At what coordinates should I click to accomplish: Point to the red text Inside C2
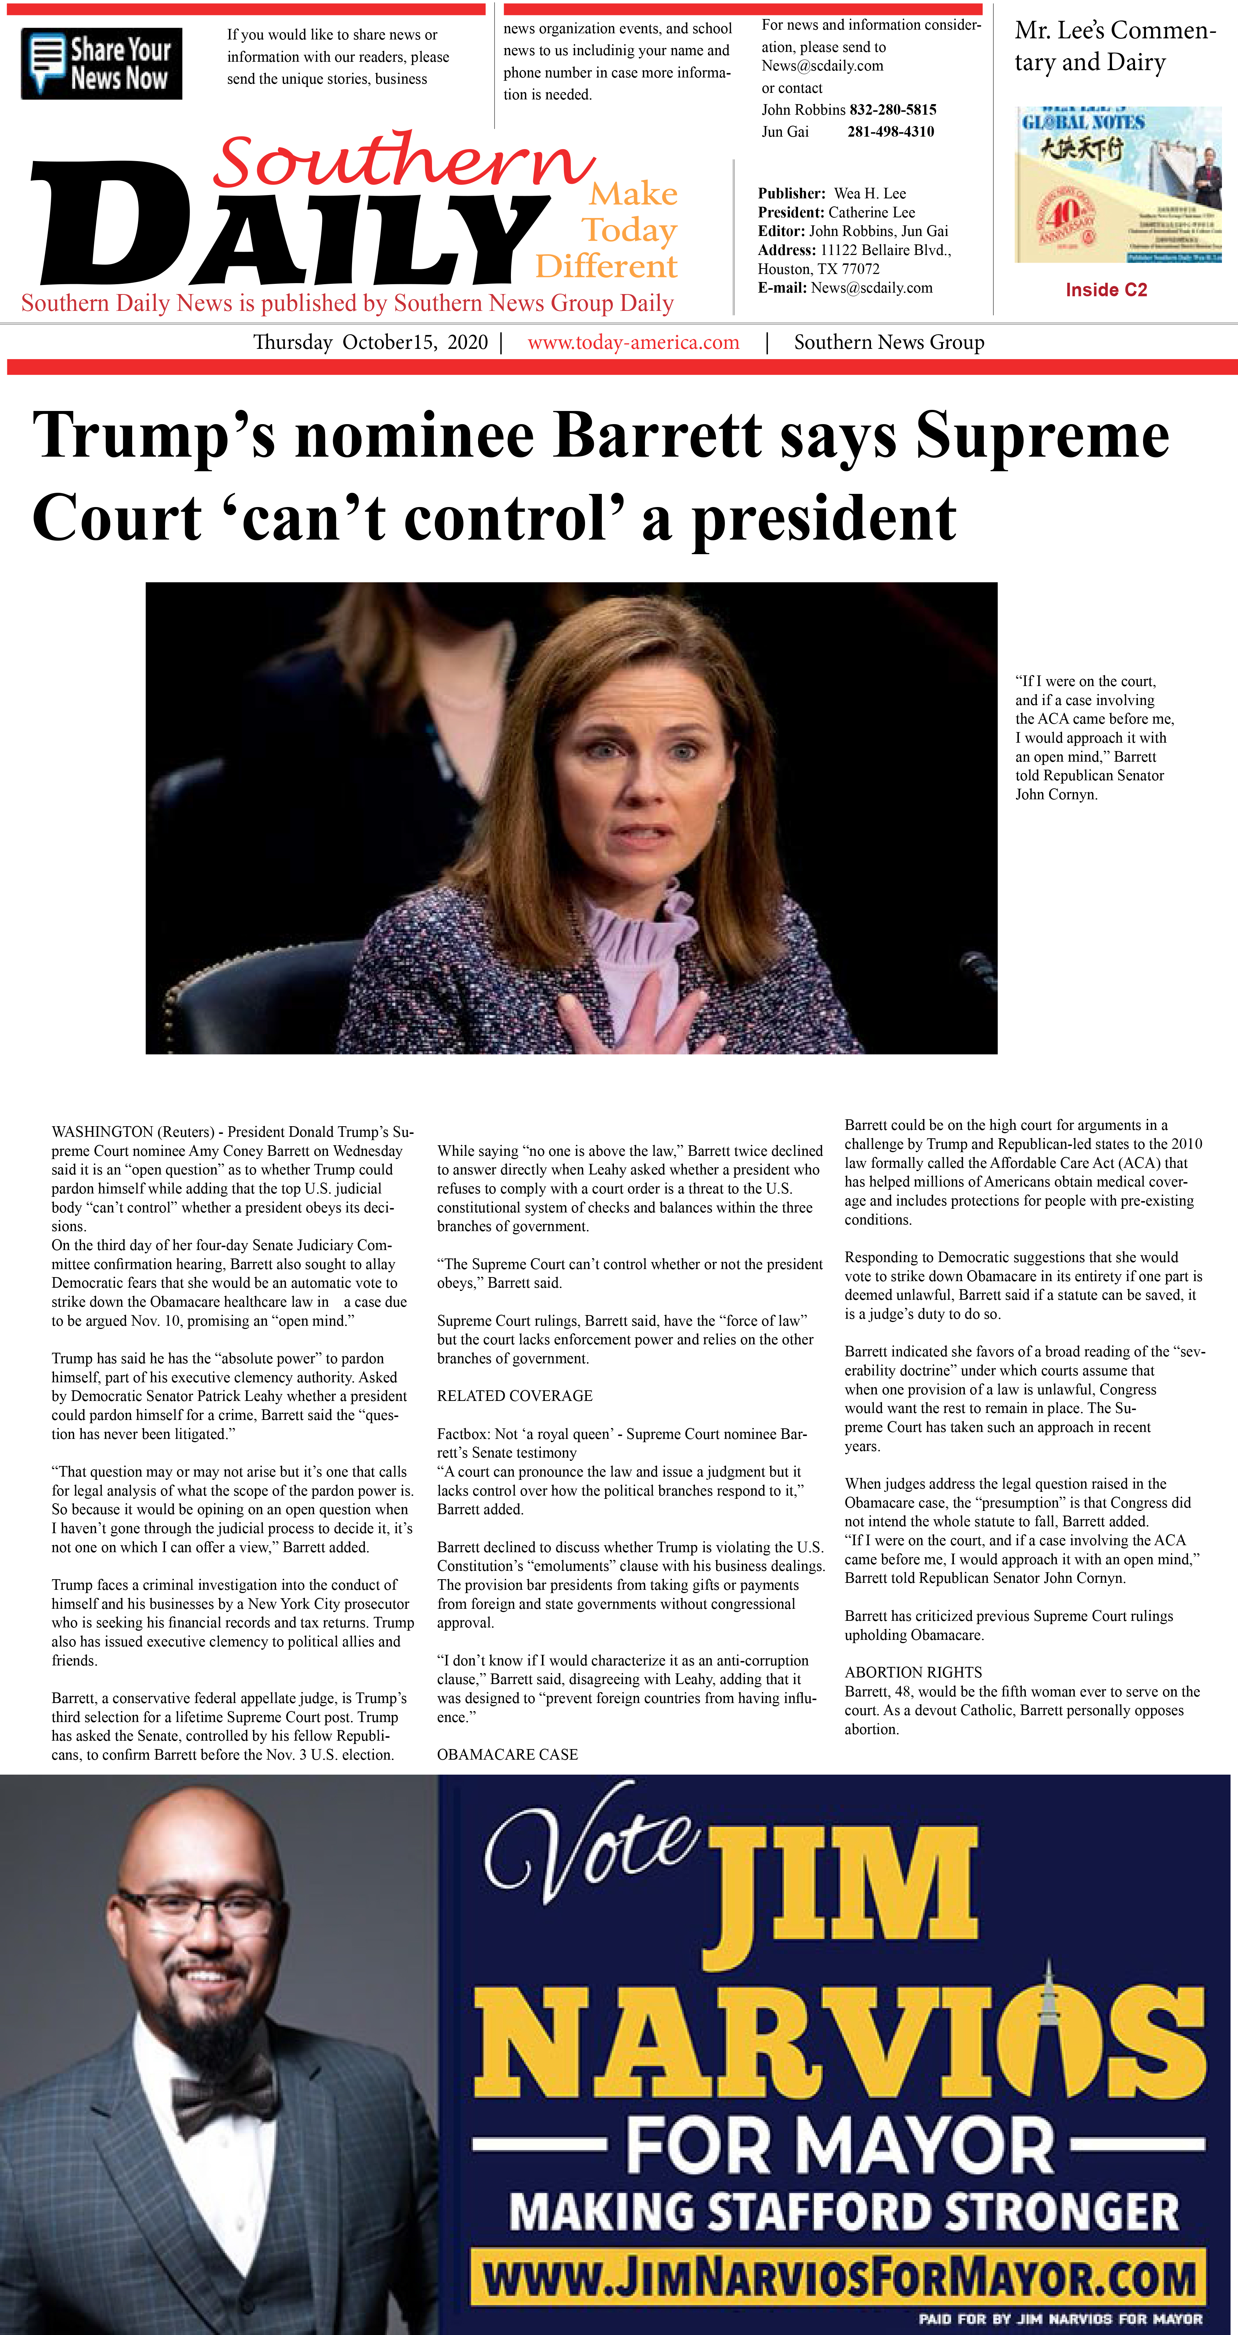[1106, 290]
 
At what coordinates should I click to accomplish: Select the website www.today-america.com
[634, 343]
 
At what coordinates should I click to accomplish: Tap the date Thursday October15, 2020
[370, 343]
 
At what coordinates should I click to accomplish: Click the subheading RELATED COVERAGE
[515, 1396]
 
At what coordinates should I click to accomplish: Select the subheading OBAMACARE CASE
[508, 1754]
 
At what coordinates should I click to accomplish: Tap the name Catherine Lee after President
[871, 212]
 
